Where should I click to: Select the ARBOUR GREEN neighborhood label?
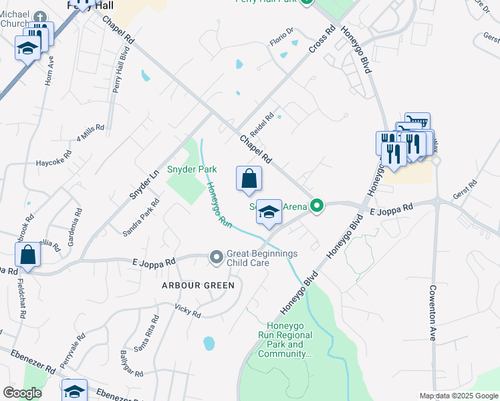click(199, 285)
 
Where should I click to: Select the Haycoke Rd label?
click(53, 161)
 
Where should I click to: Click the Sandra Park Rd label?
click(140, 217)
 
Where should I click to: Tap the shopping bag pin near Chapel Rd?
click(249, 179)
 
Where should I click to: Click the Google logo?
click(23, 393)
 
